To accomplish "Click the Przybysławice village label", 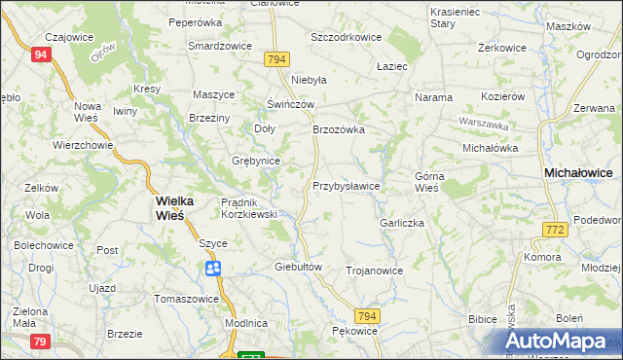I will pos(346,185).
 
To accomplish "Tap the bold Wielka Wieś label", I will pos(175,208).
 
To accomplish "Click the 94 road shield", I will pos(40,54).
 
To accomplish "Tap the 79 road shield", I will pos(40,341).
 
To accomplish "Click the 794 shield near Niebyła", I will pos(276,59).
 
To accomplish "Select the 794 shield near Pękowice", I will pos(366,316).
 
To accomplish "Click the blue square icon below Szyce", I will pos(212,269).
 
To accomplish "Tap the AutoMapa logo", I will pos(559,342).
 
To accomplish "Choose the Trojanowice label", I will pos(374,270).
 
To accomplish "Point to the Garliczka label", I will pos(402,223).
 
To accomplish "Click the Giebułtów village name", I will pos(298,266).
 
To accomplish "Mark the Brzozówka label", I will pos(338,128).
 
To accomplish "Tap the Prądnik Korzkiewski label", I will pos(250,207).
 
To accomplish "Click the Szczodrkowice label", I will pos(346,37).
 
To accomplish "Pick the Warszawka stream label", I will pos(484,125).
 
